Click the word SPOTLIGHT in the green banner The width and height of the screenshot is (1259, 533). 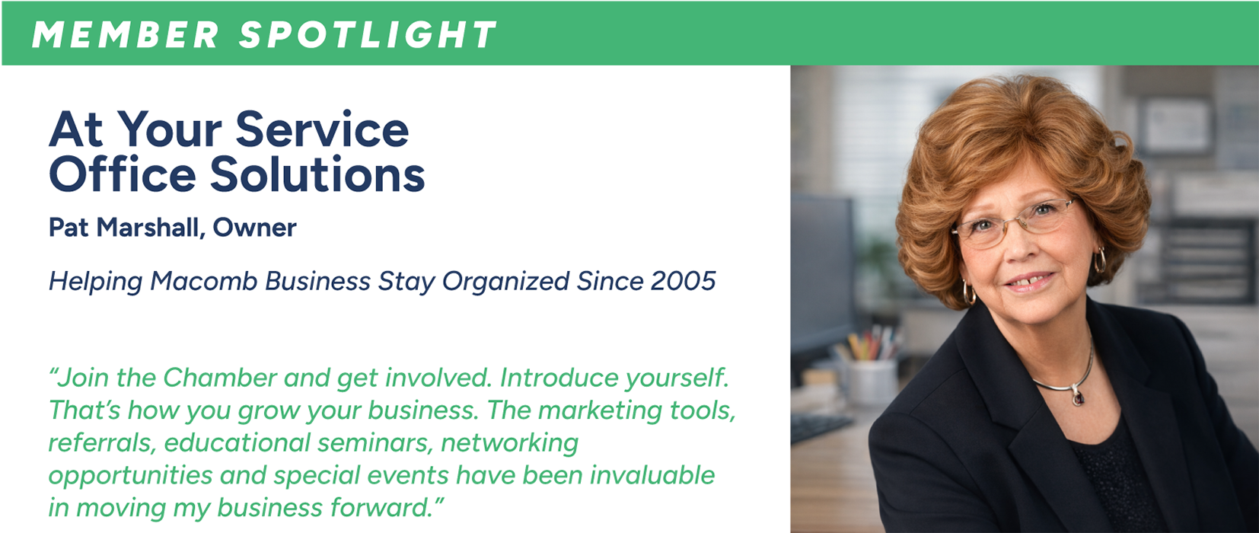click(368, 35)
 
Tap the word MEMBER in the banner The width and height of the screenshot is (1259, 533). click(126, 35)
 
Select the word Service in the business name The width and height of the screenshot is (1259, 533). click(322, 129)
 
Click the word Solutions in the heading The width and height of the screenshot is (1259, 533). click(317, 174)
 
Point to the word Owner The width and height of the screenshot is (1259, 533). click(254, 228)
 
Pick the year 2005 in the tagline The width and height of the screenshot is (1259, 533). click(684, 281)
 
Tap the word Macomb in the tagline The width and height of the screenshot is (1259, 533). click(203, 281)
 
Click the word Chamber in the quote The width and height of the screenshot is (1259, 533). click(219, 378)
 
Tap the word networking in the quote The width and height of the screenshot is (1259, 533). click(510, 444)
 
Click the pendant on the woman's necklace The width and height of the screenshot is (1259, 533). click(1077, 396)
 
